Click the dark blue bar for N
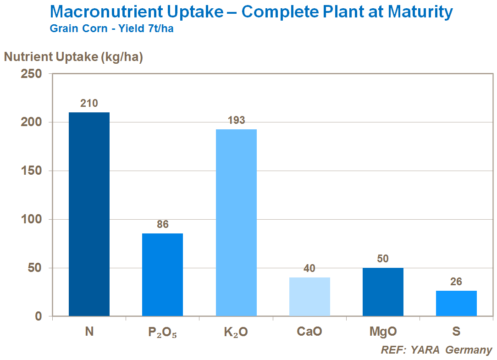[89, 214]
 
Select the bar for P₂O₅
[162, 275]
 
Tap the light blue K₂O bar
[236, 222]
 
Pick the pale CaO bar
[309, 297]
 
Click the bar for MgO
[383, 292]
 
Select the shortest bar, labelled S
[456, 303]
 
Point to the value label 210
[89, 103]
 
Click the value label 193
[236, 121]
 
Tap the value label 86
[162, 224]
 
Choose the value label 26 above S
[456, 282]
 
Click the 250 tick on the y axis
[32, 74]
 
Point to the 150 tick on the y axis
[32, 171]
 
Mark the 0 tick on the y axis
[38, 316]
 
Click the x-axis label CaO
[309, 332]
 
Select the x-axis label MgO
[383, 332]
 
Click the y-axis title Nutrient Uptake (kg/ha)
[73, 57]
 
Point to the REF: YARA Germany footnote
[436, 350]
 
